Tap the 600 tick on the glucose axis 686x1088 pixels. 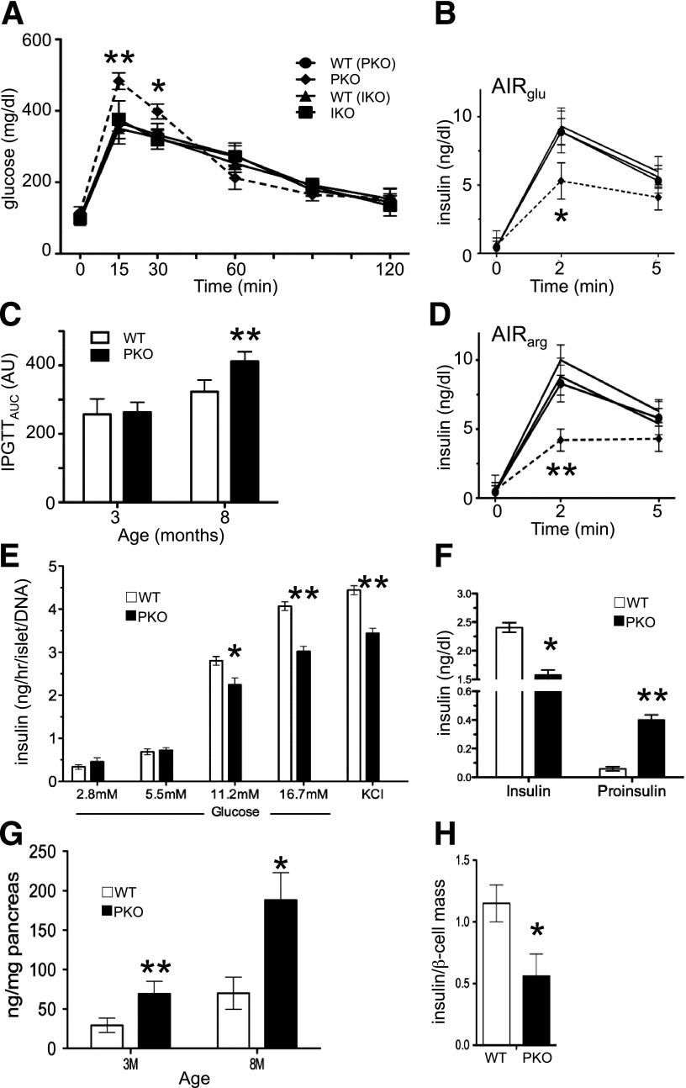point(39,40)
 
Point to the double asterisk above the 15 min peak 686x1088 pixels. point(121,58)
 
